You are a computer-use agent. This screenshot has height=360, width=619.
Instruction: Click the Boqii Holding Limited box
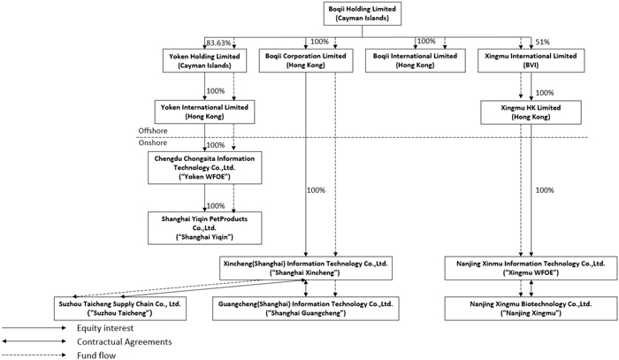point(363,13)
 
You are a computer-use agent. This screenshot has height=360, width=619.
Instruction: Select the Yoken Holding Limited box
point(204,60)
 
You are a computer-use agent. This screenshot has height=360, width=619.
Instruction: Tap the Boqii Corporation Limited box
point(306,60)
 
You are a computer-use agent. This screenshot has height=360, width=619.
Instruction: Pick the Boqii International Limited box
point(416,60)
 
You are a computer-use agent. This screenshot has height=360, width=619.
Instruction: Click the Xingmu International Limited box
point(531,60)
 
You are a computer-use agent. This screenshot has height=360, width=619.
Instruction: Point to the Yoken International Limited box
point(204,111)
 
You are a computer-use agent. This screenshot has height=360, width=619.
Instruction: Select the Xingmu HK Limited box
point(531,112)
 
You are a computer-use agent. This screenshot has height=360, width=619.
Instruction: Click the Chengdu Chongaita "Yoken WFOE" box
point(204,167)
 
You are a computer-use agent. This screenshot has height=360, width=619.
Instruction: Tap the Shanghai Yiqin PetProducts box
point(204,227)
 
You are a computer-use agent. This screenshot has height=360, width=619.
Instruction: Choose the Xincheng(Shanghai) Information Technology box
point(306,268)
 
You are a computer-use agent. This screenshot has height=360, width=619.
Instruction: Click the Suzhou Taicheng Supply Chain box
point(120,309)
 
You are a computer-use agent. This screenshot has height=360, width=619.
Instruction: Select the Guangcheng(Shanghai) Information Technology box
point(306,309)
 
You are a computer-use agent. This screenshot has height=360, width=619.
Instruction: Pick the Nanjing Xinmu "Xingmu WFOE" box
point(531,268)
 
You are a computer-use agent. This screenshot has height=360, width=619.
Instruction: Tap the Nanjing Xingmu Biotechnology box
point(531,309)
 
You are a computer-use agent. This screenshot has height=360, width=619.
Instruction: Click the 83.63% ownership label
point(218,42)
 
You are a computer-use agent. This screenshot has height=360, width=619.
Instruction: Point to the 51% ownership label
point(542,42)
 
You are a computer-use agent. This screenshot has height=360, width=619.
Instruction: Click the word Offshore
point(153,131)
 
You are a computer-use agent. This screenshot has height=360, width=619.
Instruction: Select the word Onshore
point(153,142)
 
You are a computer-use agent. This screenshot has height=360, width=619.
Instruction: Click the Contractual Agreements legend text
point(125,341)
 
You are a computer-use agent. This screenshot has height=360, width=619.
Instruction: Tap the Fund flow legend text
point(96,356)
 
